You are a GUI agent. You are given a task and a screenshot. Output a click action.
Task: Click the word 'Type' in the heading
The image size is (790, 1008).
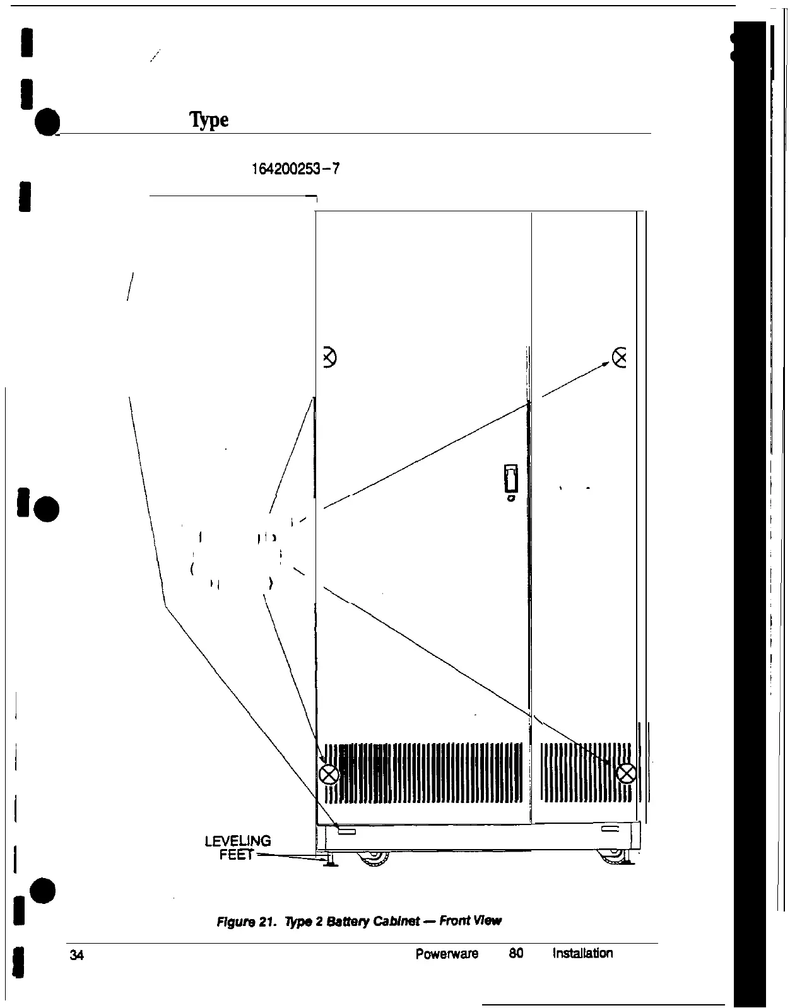click(x=209, y=120)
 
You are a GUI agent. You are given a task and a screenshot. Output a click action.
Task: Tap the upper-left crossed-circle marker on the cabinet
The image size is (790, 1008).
click(x=329, y=358)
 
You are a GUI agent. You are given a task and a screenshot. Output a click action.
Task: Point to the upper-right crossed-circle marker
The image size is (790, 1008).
click(x=620, y=358)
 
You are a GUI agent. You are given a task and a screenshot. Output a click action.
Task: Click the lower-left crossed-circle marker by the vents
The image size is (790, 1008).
click(x=329, y=774)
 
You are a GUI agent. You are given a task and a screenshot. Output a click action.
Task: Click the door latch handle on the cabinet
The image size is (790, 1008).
click(x=510, y=479)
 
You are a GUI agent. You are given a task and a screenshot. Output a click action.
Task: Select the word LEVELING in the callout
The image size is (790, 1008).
click(x=238, y=841)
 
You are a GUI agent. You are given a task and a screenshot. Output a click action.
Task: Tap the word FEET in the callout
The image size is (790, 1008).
click(x=236, y=855)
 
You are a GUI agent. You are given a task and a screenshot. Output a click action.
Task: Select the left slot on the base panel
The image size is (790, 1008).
click(x=347, y=832)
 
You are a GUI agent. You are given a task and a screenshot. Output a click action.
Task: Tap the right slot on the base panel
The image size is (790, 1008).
click(x=611, y=829)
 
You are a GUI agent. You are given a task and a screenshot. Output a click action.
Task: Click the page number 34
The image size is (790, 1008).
click(x=77, y=956)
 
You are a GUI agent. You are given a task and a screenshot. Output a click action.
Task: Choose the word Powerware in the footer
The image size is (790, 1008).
click(x=447, y=953)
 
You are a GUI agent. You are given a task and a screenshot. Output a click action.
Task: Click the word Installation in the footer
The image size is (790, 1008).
click(x=582, y=953)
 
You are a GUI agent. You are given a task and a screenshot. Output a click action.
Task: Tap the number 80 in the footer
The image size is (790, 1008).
click(x=516, y=953)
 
